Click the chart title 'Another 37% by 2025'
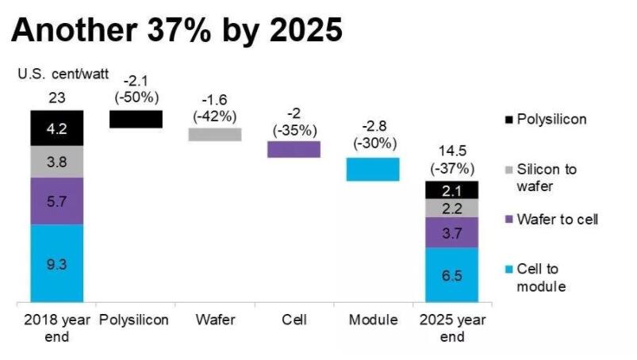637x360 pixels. (177, 31)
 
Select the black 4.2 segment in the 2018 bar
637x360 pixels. (56, 128)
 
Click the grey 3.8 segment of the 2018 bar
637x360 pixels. (56, 162)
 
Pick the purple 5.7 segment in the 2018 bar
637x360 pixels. (56, 201)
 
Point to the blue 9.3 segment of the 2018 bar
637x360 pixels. (56, 262)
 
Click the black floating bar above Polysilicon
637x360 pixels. (136, 119)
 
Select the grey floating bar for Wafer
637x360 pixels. (214, 134)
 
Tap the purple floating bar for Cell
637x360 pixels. (294, 149)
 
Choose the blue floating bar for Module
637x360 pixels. (372, 169)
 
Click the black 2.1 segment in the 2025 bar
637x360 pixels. (451, 190)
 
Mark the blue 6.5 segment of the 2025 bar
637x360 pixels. (451, 274)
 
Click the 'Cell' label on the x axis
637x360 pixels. (294, 320)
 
